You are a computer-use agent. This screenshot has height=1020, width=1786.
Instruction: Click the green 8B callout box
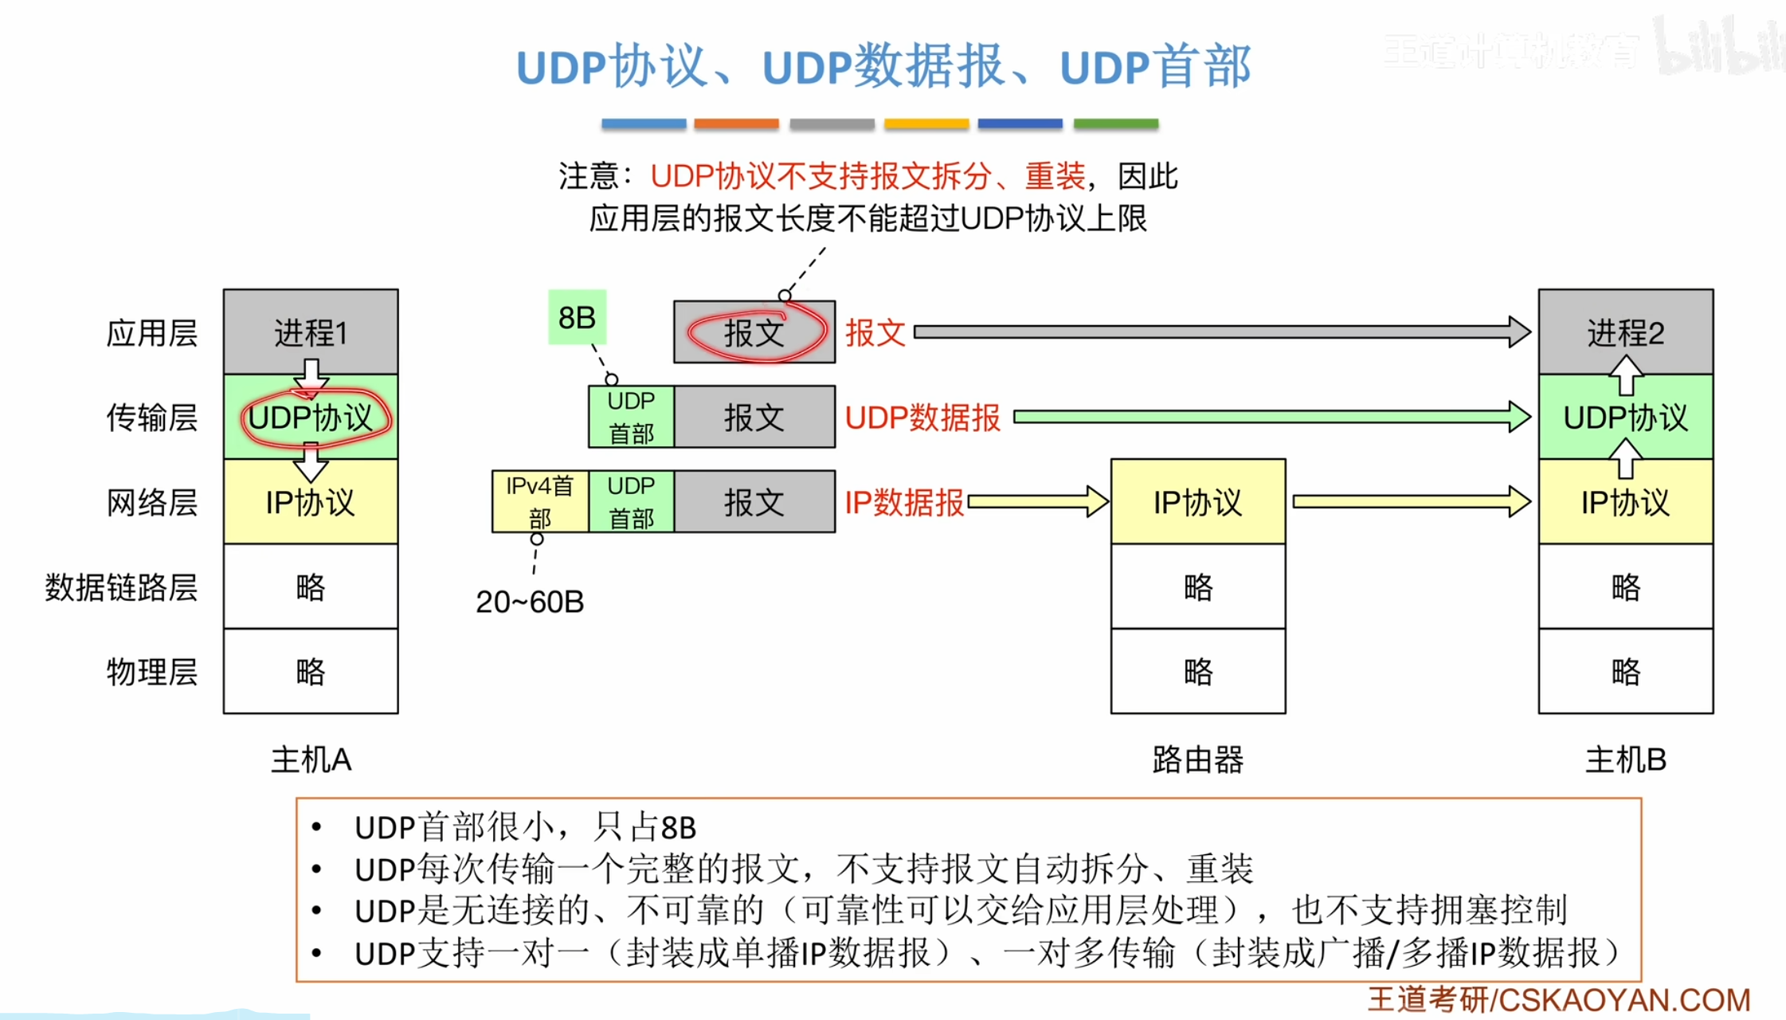point(578,317)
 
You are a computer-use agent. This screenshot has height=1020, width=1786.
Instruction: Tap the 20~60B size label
point(530,602)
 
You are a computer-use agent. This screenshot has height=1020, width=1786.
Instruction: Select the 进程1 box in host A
point(311,331)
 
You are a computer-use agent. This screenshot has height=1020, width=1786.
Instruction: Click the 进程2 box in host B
point(1625,331)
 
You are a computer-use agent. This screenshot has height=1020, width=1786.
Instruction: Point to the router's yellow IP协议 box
point(1197,502)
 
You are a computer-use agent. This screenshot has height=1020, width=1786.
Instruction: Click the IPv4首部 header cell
point(540,501)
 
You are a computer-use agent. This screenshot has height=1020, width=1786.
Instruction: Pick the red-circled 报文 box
point(754,332)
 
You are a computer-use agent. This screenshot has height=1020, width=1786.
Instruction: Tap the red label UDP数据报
point(922,418)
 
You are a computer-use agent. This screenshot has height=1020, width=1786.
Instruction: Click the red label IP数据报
point(904,502)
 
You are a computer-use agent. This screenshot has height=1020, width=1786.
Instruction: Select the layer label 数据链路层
point(121,587)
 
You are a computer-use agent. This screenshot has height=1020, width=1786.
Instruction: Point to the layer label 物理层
point(151,672)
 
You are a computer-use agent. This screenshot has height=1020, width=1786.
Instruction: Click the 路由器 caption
point(1197,759)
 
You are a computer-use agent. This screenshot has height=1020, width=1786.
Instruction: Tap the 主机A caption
point(311,759)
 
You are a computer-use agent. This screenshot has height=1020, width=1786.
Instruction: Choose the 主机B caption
point(1625,759)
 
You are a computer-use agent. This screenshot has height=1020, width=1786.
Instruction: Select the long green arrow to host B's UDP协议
point(1267,417)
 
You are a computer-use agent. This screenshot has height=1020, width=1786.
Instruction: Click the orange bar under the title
point(736,124)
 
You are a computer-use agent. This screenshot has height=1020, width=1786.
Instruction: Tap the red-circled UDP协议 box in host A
point(311,417)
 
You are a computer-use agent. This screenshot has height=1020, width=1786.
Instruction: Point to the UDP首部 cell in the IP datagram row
point(631,501)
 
